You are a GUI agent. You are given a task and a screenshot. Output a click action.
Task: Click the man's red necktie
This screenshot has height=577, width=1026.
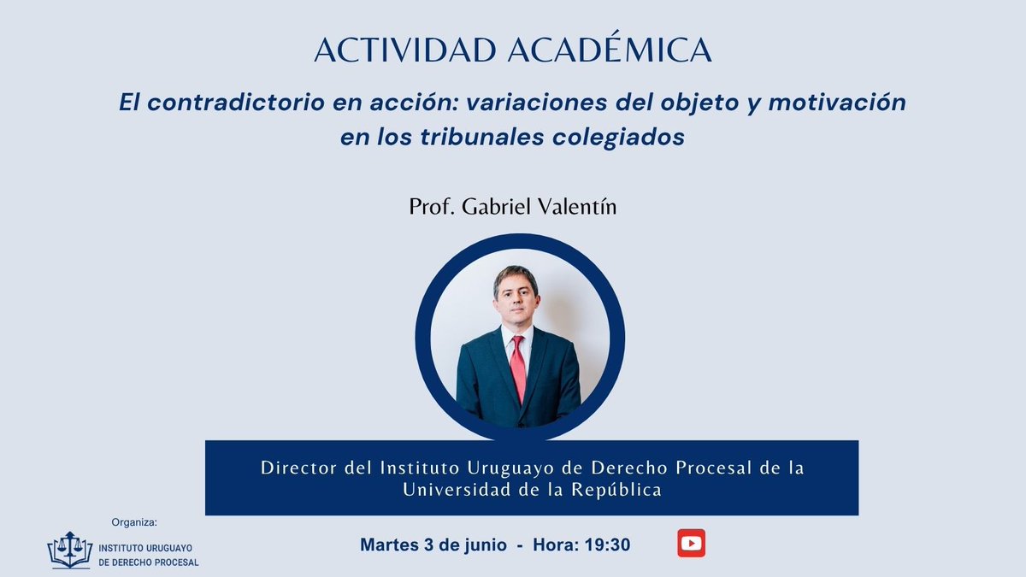click(518, 368)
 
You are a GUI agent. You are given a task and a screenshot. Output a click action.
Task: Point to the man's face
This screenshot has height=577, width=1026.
click(516, 299)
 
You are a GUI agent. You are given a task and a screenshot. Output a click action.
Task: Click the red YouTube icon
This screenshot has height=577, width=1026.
click(691, 543)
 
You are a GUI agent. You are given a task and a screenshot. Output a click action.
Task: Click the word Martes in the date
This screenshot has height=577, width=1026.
click(390, 545)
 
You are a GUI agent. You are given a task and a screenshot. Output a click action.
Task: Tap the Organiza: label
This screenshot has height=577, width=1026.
click(135, 521)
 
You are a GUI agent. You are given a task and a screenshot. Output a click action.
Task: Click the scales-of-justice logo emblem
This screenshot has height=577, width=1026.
click(70, 550)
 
